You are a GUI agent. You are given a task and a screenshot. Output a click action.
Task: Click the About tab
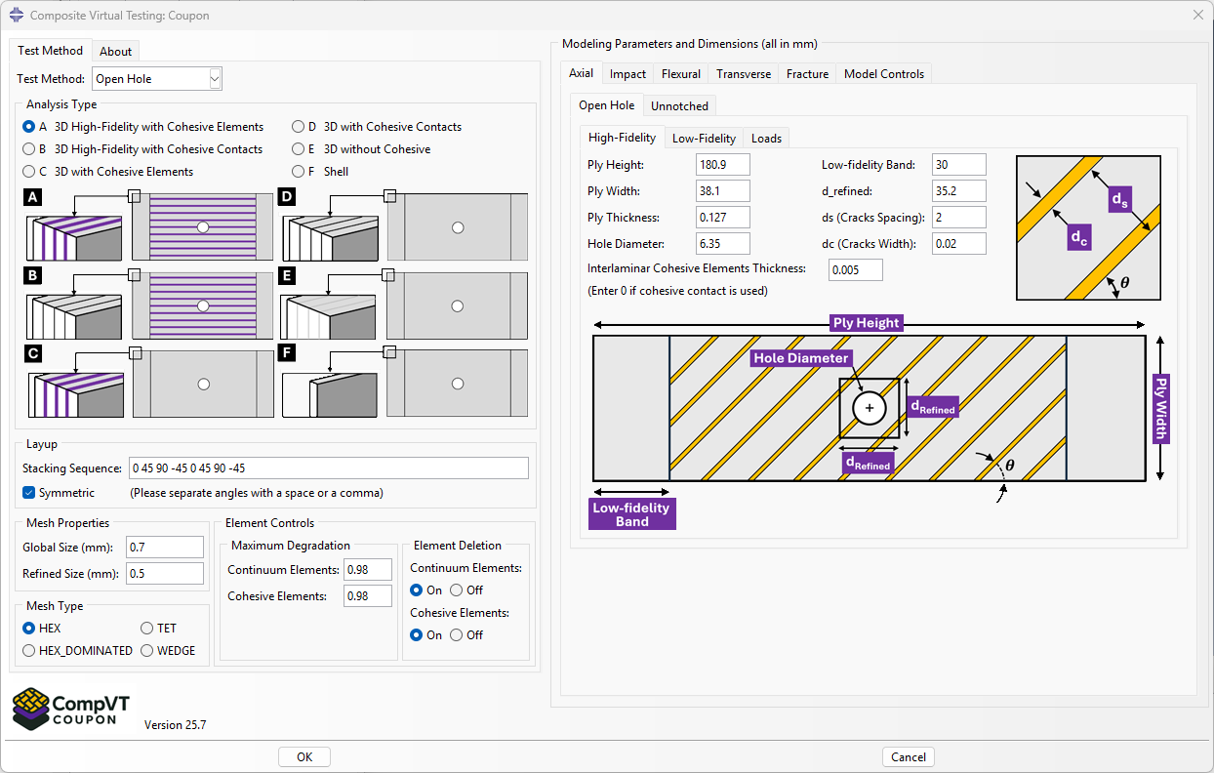pyautogui.click(x=115, y=52)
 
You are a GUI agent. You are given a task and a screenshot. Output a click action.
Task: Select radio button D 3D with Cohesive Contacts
pyautogui.click(x=299, y=127)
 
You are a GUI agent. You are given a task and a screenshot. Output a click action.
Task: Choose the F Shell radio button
pyautogui.click(x=299, y=172)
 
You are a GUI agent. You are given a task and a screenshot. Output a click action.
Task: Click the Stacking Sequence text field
pyautogui.click(x=328, y=468)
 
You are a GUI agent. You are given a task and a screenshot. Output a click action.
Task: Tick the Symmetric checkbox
pyautogui.click(x=29, y=493)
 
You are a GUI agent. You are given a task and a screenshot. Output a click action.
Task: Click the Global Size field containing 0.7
pyautogui.click(x=165, y=548)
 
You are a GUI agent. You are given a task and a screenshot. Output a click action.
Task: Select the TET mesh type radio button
pyautogui.click(x=147, y=629)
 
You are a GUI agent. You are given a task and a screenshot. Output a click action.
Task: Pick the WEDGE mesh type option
pyautogui.click(x=147, y=651)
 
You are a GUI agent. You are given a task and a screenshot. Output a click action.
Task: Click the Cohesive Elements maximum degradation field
pyautogui.click(x=367, y=596)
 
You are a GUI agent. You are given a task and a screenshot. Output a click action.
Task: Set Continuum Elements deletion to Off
pyautogui.click(x=456, y=590)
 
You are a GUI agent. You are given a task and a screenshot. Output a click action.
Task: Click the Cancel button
pyautogui.click(x=908, y=757)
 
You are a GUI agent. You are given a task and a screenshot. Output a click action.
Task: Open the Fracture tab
pyautogui.click(x=807, y=74)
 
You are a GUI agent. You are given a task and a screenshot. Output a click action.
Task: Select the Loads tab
pyautogui.click(x=766, y=139)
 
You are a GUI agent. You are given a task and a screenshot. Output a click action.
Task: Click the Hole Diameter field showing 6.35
pyautogui.click(x=722, y=244)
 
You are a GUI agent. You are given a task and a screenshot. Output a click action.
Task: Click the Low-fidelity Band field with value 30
pyautogui.click(x=958, y=165)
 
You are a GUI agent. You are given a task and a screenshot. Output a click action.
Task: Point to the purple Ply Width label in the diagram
pyautogui.click(x=1160, y=407)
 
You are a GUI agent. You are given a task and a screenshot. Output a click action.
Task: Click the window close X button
pyautogui.click(x=1197, y=15)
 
